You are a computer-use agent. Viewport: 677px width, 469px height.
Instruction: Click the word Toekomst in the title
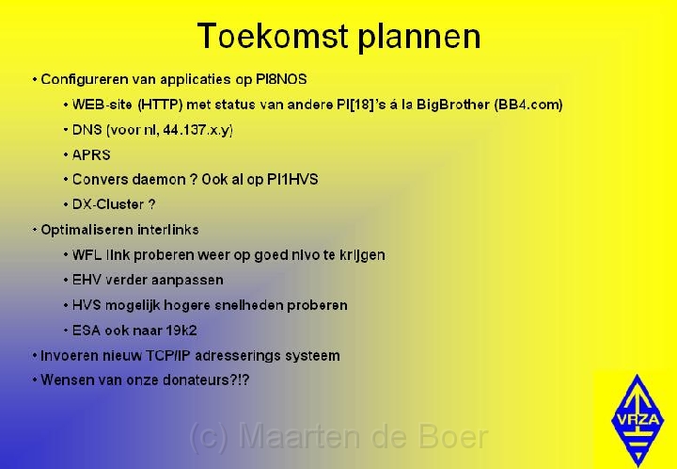tap(273, 36)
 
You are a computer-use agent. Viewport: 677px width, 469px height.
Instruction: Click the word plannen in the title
tap(419, 38)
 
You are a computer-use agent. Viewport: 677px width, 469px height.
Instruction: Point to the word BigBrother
tap(453, 105)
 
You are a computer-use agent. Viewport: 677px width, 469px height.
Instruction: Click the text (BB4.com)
tap(528, 105)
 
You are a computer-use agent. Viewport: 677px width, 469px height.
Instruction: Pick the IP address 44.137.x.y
tap(197, 130)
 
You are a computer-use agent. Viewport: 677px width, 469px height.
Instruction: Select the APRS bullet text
tap(91, 154)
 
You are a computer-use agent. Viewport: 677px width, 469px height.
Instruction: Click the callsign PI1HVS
tap(292, 179)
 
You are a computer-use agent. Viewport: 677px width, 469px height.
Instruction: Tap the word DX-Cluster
tap(108, 204)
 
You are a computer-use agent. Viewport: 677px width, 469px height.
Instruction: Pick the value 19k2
tap(181, 331)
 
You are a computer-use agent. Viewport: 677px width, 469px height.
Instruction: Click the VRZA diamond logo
tap(638, 420)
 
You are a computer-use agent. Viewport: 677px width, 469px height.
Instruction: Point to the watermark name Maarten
tap(299, 437)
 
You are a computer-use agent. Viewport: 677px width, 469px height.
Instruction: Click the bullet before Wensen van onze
tap(35, 380)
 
